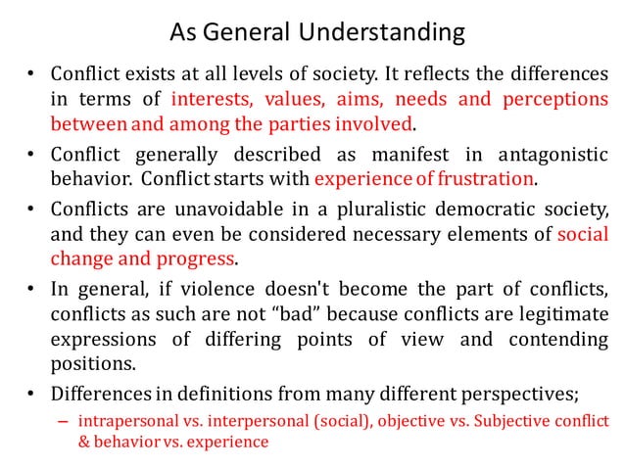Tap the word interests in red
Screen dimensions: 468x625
point(208,100)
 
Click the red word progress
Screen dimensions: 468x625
point(202,258)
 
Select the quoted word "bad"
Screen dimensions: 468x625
point(318,313)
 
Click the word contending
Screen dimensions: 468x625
point(555,339)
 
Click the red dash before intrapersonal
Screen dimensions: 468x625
point(63,422)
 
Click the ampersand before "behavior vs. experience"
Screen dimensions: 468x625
point(85,443)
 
